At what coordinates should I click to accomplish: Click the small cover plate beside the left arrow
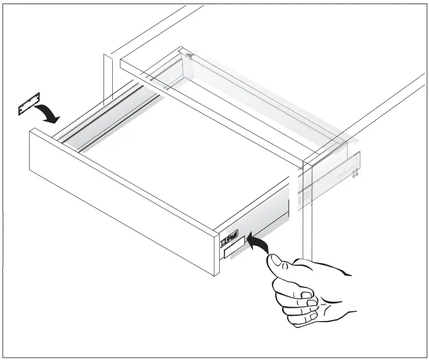point(28,108)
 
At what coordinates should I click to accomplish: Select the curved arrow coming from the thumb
point(259,243)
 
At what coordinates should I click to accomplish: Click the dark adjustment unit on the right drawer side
point(228,238)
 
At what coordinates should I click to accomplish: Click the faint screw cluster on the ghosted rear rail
point(354,172)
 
